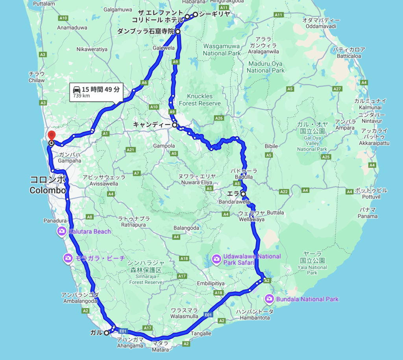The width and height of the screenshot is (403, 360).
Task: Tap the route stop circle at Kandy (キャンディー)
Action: (x=174, y=125)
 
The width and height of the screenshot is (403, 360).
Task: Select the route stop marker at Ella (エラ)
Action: (x=243, y=194)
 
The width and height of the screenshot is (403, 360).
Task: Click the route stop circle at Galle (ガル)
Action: (x=106, y=333)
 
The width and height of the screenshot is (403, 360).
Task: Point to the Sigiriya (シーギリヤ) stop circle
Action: (x=195, y=15)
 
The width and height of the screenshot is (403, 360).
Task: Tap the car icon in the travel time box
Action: (x=77, y=89)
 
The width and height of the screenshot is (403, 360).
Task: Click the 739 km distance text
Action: (x=81, y=96)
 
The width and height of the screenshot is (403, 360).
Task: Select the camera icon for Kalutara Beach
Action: (x=62, y=231)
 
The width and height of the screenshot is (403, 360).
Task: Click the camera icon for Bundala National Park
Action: (x=270, y=299)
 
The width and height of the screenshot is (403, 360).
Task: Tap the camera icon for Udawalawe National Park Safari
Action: (x=216, y=258)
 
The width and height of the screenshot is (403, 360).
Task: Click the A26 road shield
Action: (x=219, y=118)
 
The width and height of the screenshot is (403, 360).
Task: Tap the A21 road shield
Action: (x=131, y=150)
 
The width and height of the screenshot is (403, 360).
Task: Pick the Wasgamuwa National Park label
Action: (x=222, y=50)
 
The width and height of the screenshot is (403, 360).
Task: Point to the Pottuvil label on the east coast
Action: (x=372, y=193)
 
